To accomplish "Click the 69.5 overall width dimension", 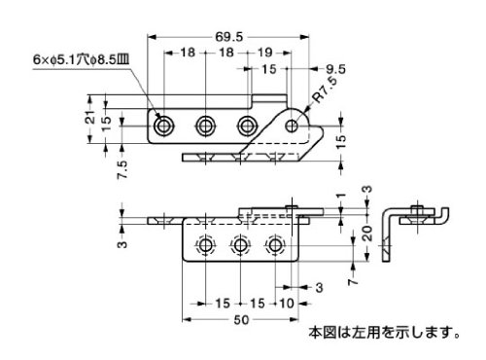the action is (x=229, y=37).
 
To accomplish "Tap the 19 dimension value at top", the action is (x=264, y=53).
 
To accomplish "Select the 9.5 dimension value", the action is (x=335, y=69).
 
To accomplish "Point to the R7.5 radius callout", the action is (x=325, y=90).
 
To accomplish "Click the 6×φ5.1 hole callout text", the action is (x=81, y=60).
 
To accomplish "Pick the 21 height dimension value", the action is (x=92, y=116).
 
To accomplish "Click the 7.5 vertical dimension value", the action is (x=123, y=169).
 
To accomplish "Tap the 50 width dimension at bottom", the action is (x=241, y=320).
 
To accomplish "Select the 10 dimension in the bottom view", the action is (x=287, y=304).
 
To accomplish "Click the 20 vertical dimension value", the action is (x=367, y=234).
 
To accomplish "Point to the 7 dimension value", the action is (x=353, y=281).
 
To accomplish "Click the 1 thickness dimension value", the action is (x=341, y=197).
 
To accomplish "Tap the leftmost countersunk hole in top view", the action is (x=164, y=126).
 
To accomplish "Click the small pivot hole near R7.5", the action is (x=292, y=126).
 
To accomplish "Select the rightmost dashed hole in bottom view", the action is (x=275, y=245).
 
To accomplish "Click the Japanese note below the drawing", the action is (x=384, y=333).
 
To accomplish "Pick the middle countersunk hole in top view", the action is (x=205, y=126).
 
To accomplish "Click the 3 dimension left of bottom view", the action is (x=122, y=243).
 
